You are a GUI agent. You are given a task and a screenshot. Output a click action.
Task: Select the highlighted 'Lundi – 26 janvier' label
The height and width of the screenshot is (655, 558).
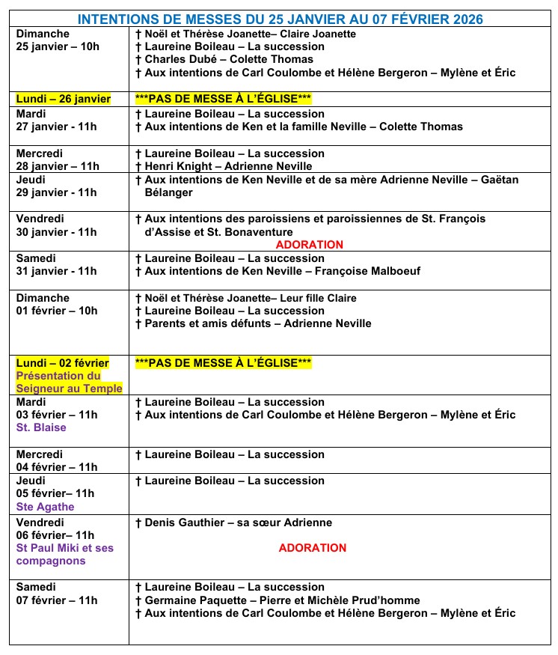pyautogui.click(x=63, y=99)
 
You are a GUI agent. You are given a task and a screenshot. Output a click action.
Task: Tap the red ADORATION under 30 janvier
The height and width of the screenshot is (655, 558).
pyautogui.click(x=310, y=245)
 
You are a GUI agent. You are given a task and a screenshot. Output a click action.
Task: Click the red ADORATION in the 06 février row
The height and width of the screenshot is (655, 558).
pyautogui.click(x=313, y=548)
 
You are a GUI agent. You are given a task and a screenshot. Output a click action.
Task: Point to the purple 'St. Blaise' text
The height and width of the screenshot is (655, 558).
pyautogui.click(x=41, y=427)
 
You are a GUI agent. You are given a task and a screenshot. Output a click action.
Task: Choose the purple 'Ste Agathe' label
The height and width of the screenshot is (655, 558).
pyautogui.click(x=46, y=507)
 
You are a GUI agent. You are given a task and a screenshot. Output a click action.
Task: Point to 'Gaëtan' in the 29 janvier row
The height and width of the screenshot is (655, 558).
pyautogui.click(x=498, y=180)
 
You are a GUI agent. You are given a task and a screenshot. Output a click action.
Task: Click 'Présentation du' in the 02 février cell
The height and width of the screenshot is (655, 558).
pyautogui.click(x=58, y=376)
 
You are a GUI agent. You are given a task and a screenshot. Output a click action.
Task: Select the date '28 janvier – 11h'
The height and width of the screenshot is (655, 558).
pyautogui.click(x=57, y=166)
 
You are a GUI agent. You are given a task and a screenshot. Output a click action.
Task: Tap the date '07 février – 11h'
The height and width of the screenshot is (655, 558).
pyautogui.click(x=57, y=600)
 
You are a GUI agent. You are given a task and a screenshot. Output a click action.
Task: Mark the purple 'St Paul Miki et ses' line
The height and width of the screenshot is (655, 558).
pyautogui.click(x=65, y=548)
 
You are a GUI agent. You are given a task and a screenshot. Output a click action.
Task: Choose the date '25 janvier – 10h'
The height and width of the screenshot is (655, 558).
pyautogui.click(x=58, y=46)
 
